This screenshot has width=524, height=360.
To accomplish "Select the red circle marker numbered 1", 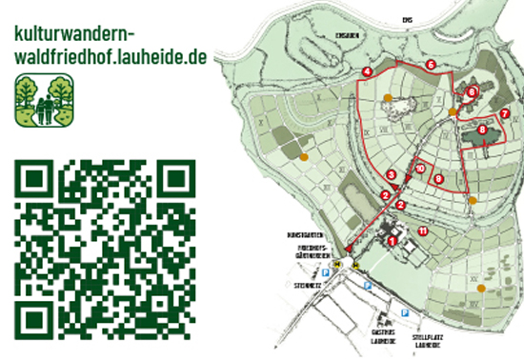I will (392, 241).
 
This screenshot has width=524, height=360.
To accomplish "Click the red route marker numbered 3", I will (392, 174).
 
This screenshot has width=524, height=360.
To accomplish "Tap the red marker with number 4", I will (367, 72).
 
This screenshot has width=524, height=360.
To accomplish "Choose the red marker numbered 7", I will (504, 113).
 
